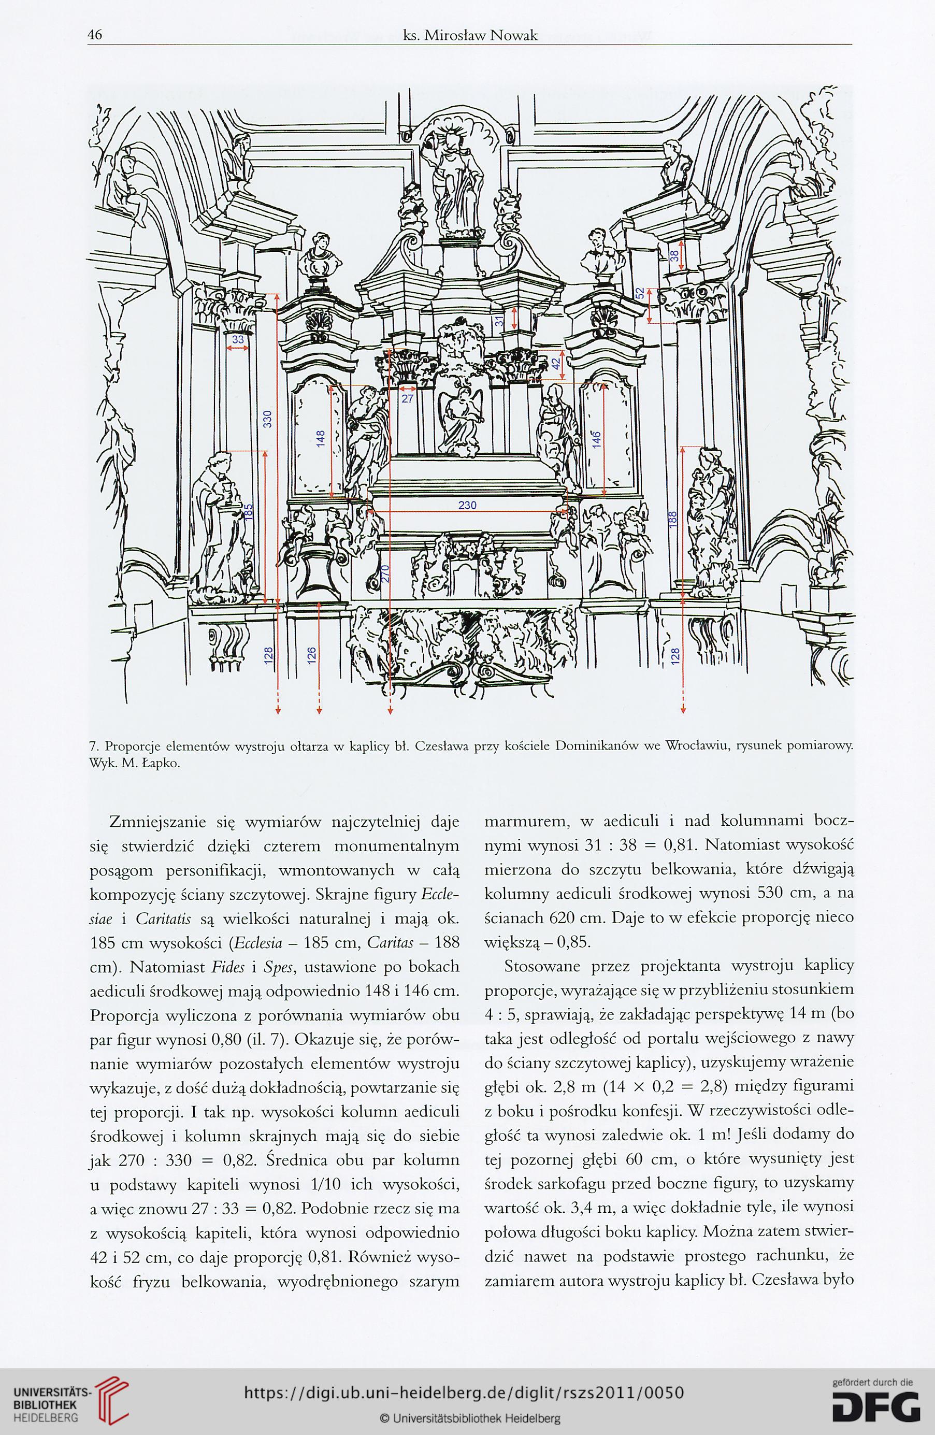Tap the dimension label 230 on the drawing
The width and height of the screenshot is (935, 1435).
pos(467,505)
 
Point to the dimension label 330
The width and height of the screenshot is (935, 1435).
pos(269,419)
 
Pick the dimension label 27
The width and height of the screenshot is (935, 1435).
pos(408,398)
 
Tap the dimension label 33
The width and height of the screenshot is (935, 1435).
pos(238,339)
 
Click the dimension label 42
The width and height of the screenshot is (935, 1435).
pos(556,363)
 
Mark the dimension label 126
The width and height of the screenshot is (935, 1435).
pos(311,655)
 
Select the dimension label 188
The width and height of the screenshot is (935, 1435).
pos(674,518)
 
